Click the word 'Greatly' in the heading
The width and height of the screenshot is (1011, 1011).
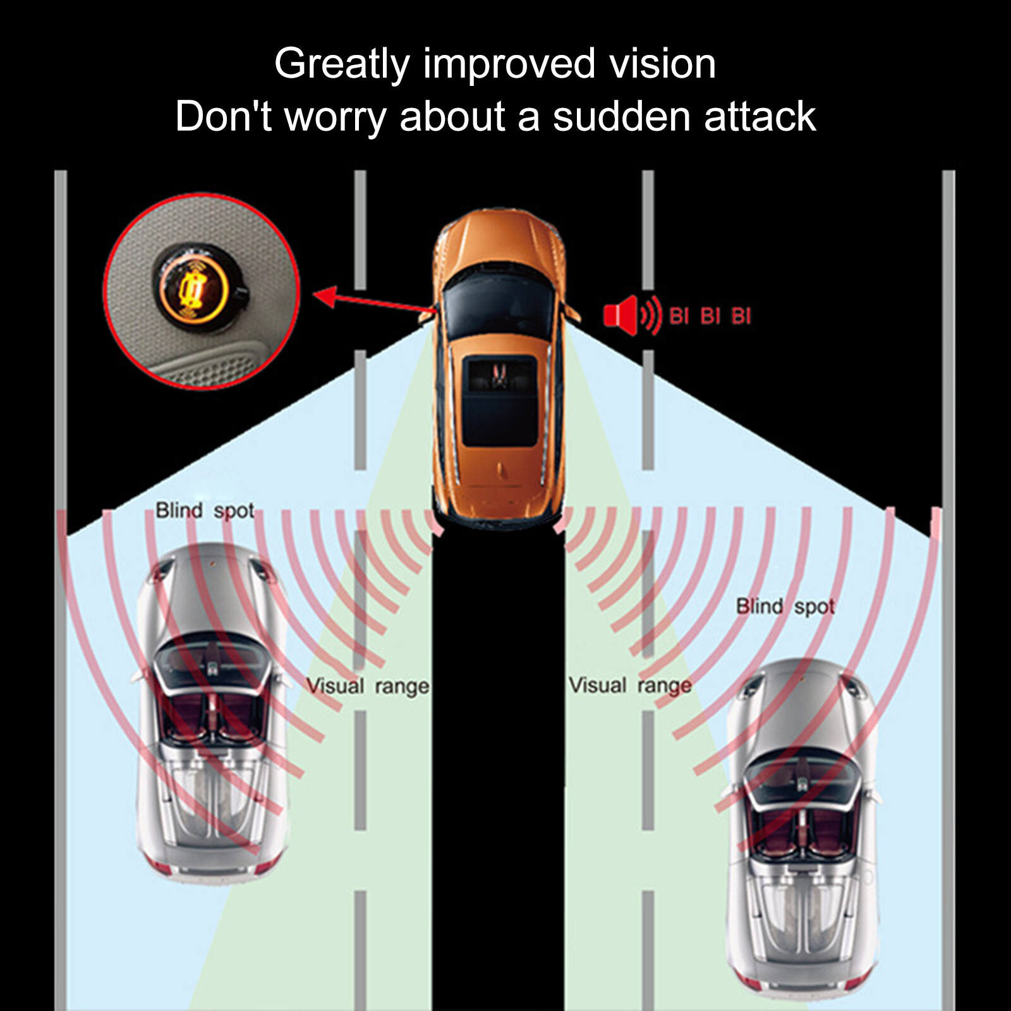[342, 64]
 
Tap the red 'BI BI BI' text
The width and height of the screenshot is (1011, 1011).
[710, 315]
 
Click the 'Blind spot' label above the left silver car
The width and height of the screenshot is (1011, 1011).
[205, 511]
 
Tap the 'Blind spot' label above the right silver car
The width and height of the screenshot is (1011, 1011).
[785, 607]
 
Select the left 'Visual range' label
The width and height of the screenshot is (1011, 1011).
[367, 686]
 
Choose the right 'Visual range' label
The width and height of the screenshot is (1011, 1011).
[629, 686]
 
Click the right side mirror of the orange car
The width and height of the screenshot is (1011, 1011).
[572, 313]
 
